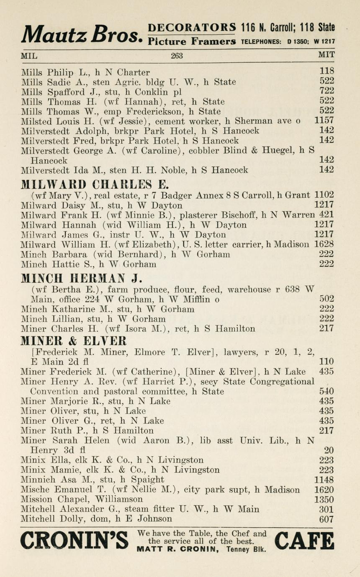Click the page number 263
coord(177,55)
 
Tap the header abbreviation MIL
coord(29,55)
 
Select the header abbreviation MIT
coord(326,55)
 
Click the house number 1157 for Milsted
coord(324,121)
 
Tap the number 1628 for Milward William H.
coord(324,244)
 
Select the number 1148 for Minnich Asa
coord(324,480)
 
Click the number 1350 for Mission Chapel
coord(324,500)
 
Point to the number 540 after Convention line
coord(326,392)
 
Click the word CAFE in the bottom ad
coord(304,541)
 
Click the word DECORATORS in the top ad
coord(192,28)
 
